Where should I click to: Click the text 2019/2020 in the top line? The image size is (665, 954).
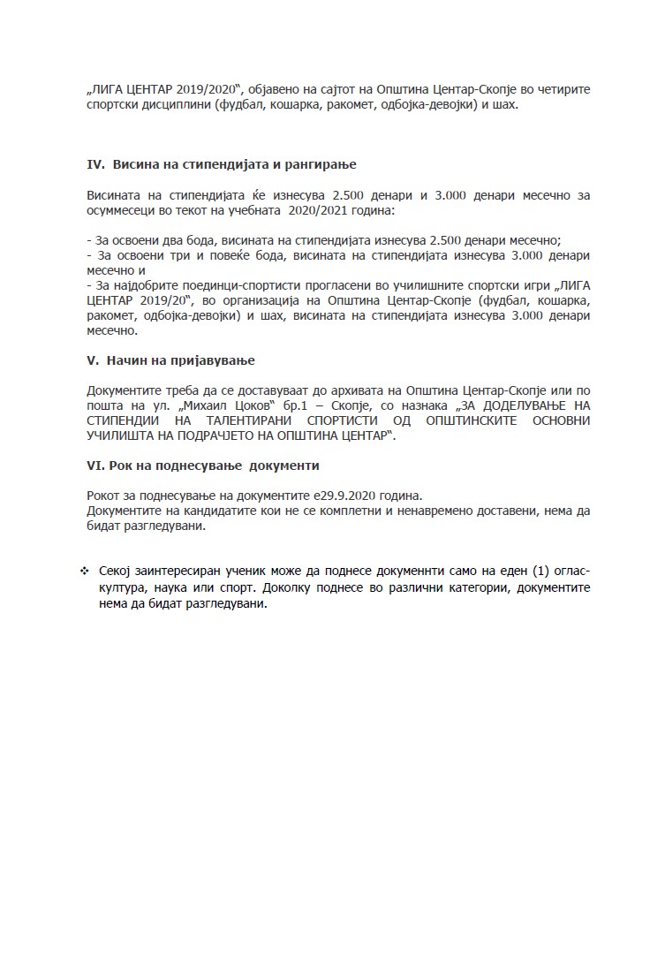[x=213, y=90]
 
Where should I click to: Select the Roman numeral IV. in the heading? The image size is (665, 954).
[x=96, y=165]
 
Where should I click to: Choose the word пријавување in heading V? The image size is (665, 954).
[x=215, y=360]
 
